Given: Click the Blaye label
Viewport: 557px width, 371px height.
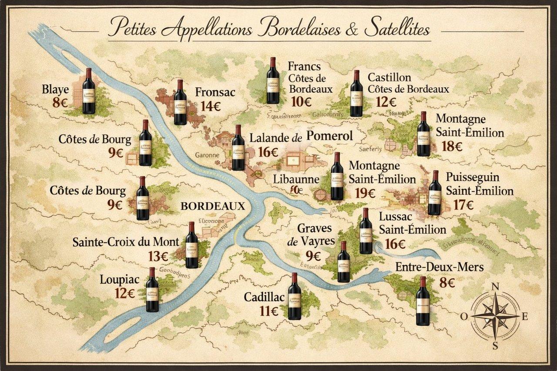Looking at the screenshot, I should click(55, 90).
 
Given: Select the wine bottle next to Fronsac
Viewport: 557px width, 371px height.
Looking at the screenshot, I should click(180, 103).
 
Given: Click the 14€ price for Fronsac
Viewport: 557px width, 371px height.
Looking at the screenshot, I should click(211, 107).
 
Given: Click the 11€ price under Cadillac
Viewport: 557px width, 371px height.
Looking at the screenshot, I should click(269, 311).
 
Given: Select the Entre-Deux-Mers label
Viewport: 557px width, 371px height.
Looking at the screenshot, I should click(440, 267).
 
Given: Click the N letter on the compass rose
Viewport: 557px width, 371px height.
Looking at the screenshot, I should click(495, 287).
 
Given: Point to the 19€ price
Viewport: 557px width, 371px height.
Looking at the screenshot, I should click(365, 193).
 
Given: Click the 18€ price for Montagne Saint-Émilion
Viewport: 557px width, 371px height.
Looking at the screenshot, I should click(452, 146).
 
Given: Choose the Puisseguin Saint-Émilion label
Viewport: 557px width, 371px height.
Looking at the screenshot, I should click(480, 184).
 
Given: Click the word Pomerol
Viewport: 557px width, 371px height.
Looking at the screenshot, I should click(329, 136).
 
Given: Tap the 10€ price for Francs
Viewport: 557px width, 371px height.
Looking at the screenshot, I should click(301, 102).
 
